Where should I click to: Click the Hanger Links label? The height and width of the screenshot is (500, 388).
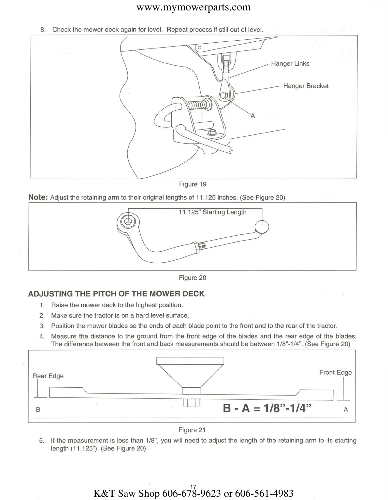click(290, 63)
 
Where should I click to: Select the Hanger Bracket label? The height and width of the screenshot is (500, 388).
click(306, 86)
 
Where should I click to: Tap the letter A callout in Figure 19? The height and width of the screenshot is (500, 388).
click(252, 116)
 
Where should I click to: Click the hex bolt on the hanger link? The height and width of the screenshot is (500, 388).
click(223, 95)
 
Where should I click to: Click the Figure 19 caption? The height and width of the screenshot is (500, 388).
click(193, 184)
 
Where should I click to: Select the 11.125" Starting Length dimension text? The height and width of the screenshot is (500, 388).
click(212, 212)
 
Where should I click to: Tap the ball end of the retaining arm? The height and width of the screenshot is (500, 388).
click(262, 227)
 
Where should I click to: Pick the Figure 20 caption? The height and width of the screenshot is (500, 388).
click(193, 278)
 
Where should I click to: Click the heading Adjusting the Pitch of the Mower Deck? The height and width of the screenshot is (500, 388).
click(116, 294)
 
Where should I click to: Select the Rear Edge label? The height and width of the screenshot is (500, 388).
click(48, 376)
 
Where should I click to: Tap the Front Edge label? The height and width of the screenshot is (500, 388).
click(335, 372)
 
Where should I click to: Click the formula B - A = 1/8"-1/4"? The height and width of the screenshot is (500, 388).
click(267, 408)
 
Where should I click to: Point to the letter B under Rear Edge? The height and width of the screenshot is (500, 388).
click(38, 410)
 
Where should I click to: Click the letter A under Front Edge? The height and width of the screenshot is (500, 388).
click(346, 410)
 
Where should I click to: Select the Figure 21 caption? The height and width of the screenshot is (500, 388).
click(192, 430)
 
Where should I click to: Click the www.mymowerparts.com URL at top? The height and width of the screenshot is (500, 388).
click(194, 7)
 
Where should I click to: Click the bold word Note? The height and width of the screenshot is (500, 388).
click(38, 197)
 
